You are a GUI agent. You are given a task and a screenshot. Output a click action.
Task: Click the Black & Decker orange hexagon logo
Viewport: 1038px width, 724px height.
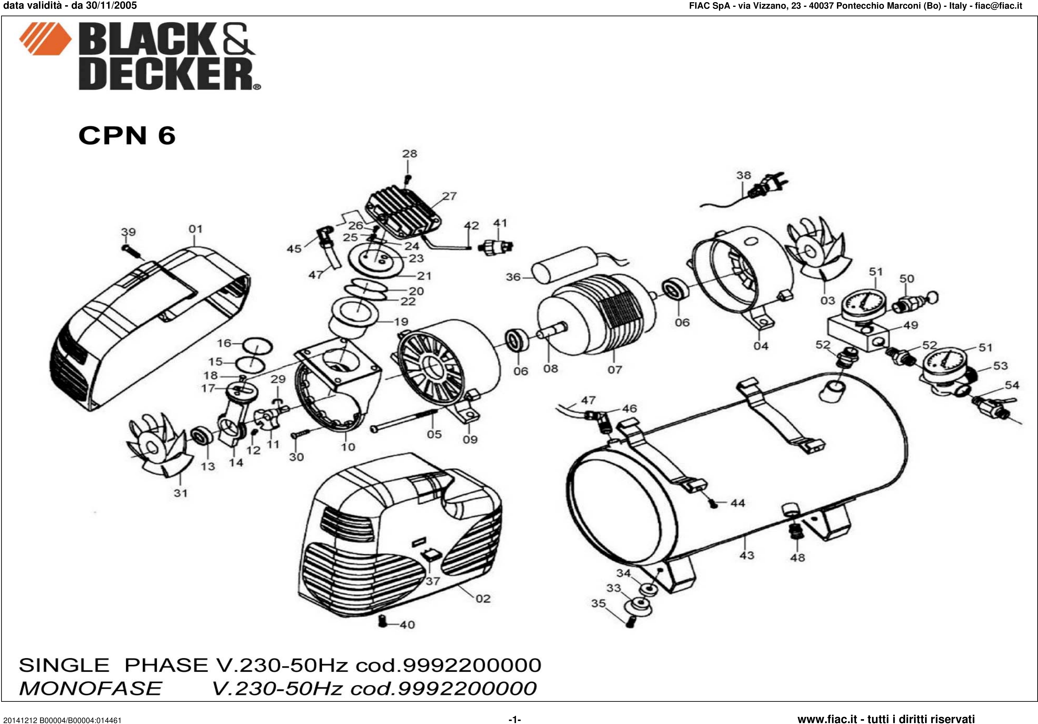tap(45, 39)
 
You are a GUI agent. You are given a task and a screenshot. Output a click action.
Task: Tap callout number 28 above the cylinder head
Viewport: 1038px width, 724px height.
tap(410, 154)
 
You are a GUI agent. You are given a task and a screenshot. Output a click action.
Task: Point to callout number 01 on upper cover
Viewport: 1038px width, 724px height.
tap(195, 229)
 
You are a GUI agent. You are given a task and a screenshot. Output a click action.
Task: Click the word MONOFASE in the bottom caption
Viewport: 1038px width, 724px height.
tap(90, 688)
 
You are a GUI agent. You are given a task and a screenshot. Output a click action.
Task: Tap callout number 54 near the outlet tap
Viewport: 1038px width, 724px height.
tap(1012, 385)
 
